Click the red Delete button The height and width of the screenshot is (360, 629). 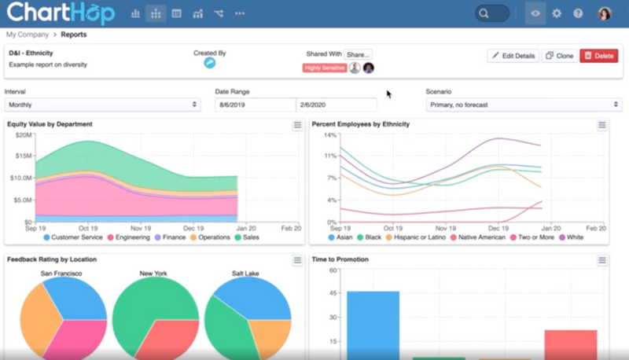click(x=598, y=56)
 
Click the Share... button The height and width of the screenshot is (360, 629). click(x=358, y=54)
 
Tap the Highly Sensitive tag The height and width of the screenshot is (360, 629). click(x=324, y=68)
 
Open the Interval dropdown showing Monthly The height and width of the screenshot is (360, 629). click(x=102, y=105)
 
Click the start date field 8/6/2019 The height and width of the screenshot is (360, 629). click(x=255, y=105)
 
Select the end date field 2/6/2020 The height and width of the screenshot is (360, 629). click(x=336, y=105)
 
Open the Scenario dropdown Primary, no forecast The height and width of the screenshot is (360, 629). click(x=524, y=105)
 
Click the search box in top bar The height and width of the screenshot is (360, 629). click(x=492, y=13)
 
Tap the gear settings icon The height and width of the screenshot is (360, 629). click(x=557, y=13)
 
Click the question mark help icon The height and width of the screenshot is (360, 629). click(x=578, y=13)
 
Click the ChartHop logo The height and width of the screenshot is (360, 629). click(x=61, y=13)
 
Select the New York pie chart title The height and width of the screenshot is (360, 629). click(x=154, y=274)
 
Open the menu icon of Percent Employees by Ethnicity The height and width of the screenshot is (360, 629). click(x=602, y=125)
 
